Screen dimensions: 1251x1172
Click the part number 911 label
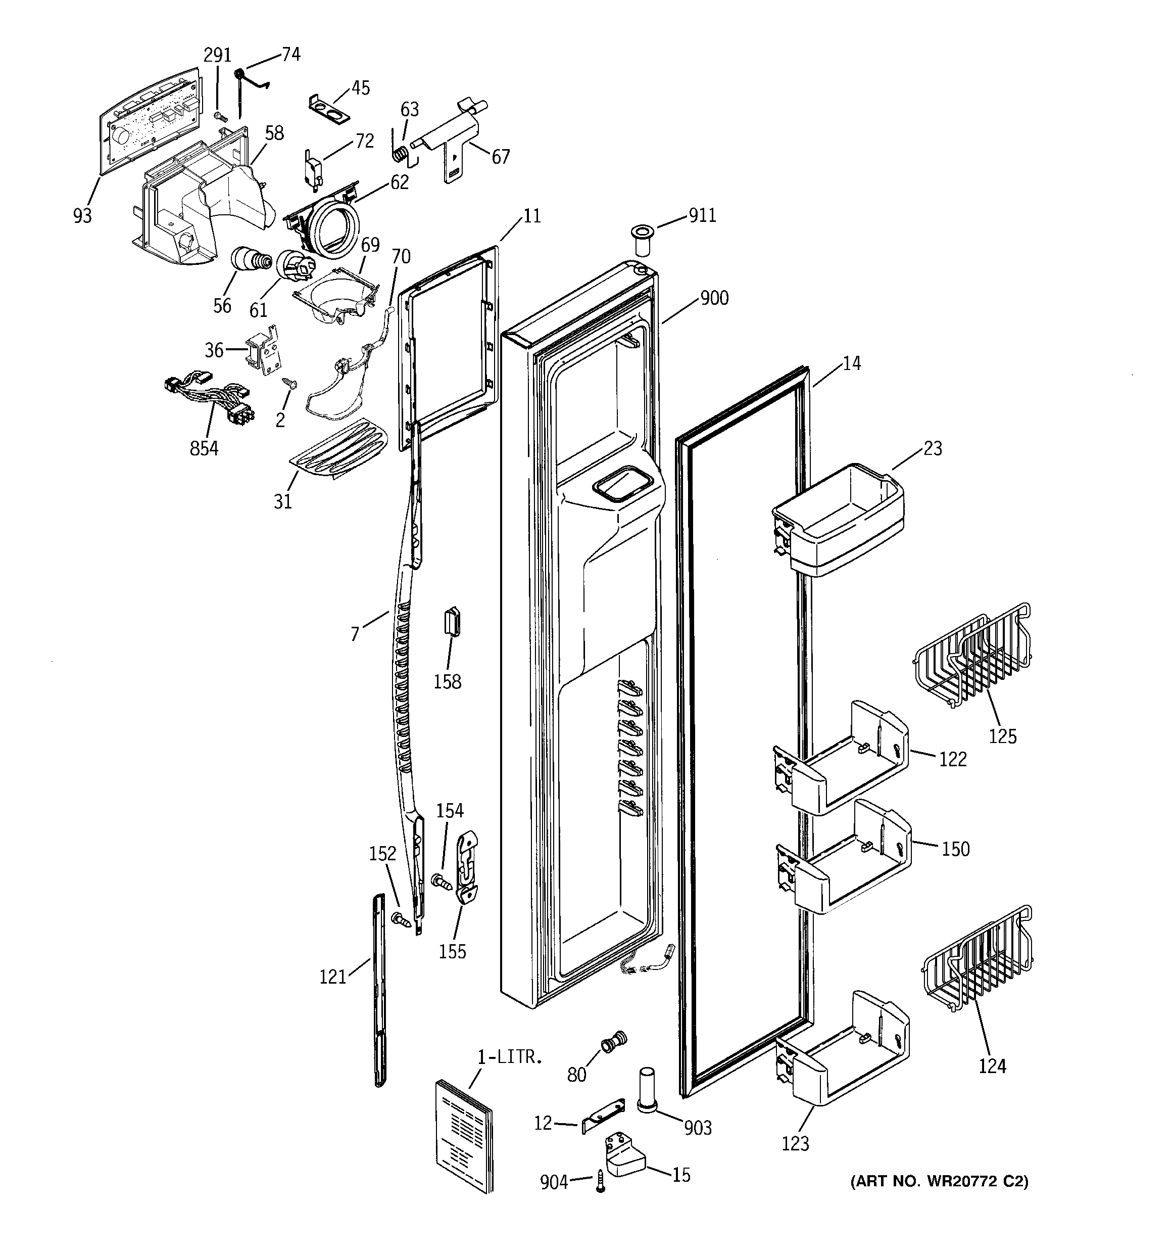coord(702,215)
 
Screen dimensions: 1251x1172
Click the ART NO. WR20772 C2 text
coord(939,1182)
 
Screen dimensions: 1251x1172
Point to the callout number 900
coord(714,298)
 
